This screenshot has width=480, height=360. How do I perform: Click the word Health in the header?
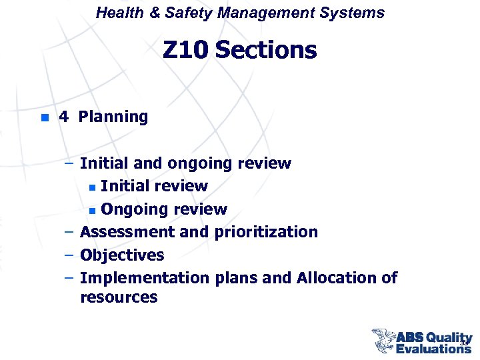click(117, 13)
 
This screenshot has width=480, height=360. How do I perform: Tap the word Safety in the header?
click(177, 13)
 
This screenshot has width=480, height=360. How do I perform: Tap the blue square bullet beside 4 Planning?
click(44, 118)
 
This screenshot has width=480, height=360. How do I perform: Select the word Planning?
click(113, 117)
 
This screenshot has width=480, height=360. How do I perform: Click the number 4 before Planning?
click(63, 117)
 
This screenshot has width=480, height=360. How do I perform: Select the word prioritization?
click(266, 232)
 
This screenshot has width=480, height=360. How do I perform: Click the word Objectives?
click(122, 255)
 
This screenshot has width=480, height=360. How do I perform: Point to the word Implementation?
click(144, 277)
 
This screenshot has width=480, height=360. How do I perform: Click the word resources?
click(119, 297)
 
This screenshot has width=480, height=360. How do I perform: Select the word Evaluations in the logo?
click(433, 348)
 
